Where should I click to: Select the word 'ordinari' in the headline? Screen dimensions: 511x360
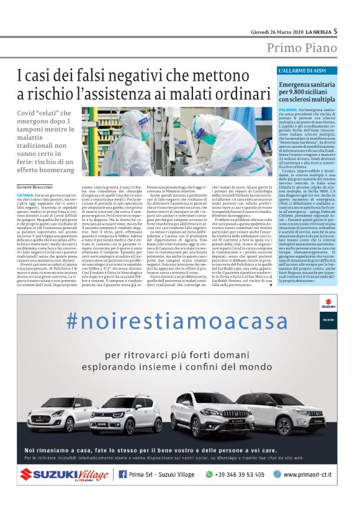pos(241,94)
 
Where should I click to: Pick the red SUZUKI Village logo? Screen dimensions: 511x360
pos(62,474)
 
